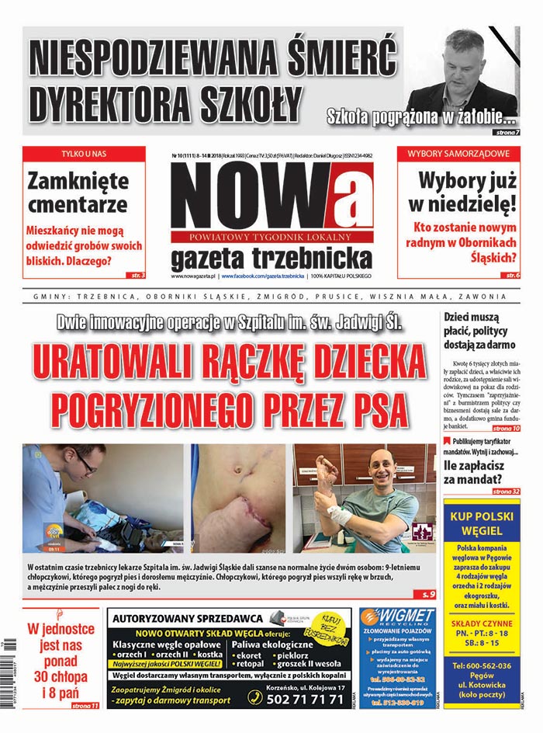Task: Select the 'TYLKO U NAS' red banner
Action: click(x=83, y=154)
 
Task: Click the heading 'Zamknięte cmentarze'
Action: click(x=78, y=193)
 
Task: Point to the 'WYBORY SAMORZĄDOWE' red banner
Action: click(x=458, y=154)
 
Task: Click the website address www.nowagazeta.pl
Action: click(x=193, y=276)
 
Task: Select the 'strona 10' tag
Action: click(x=506, y=429)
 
